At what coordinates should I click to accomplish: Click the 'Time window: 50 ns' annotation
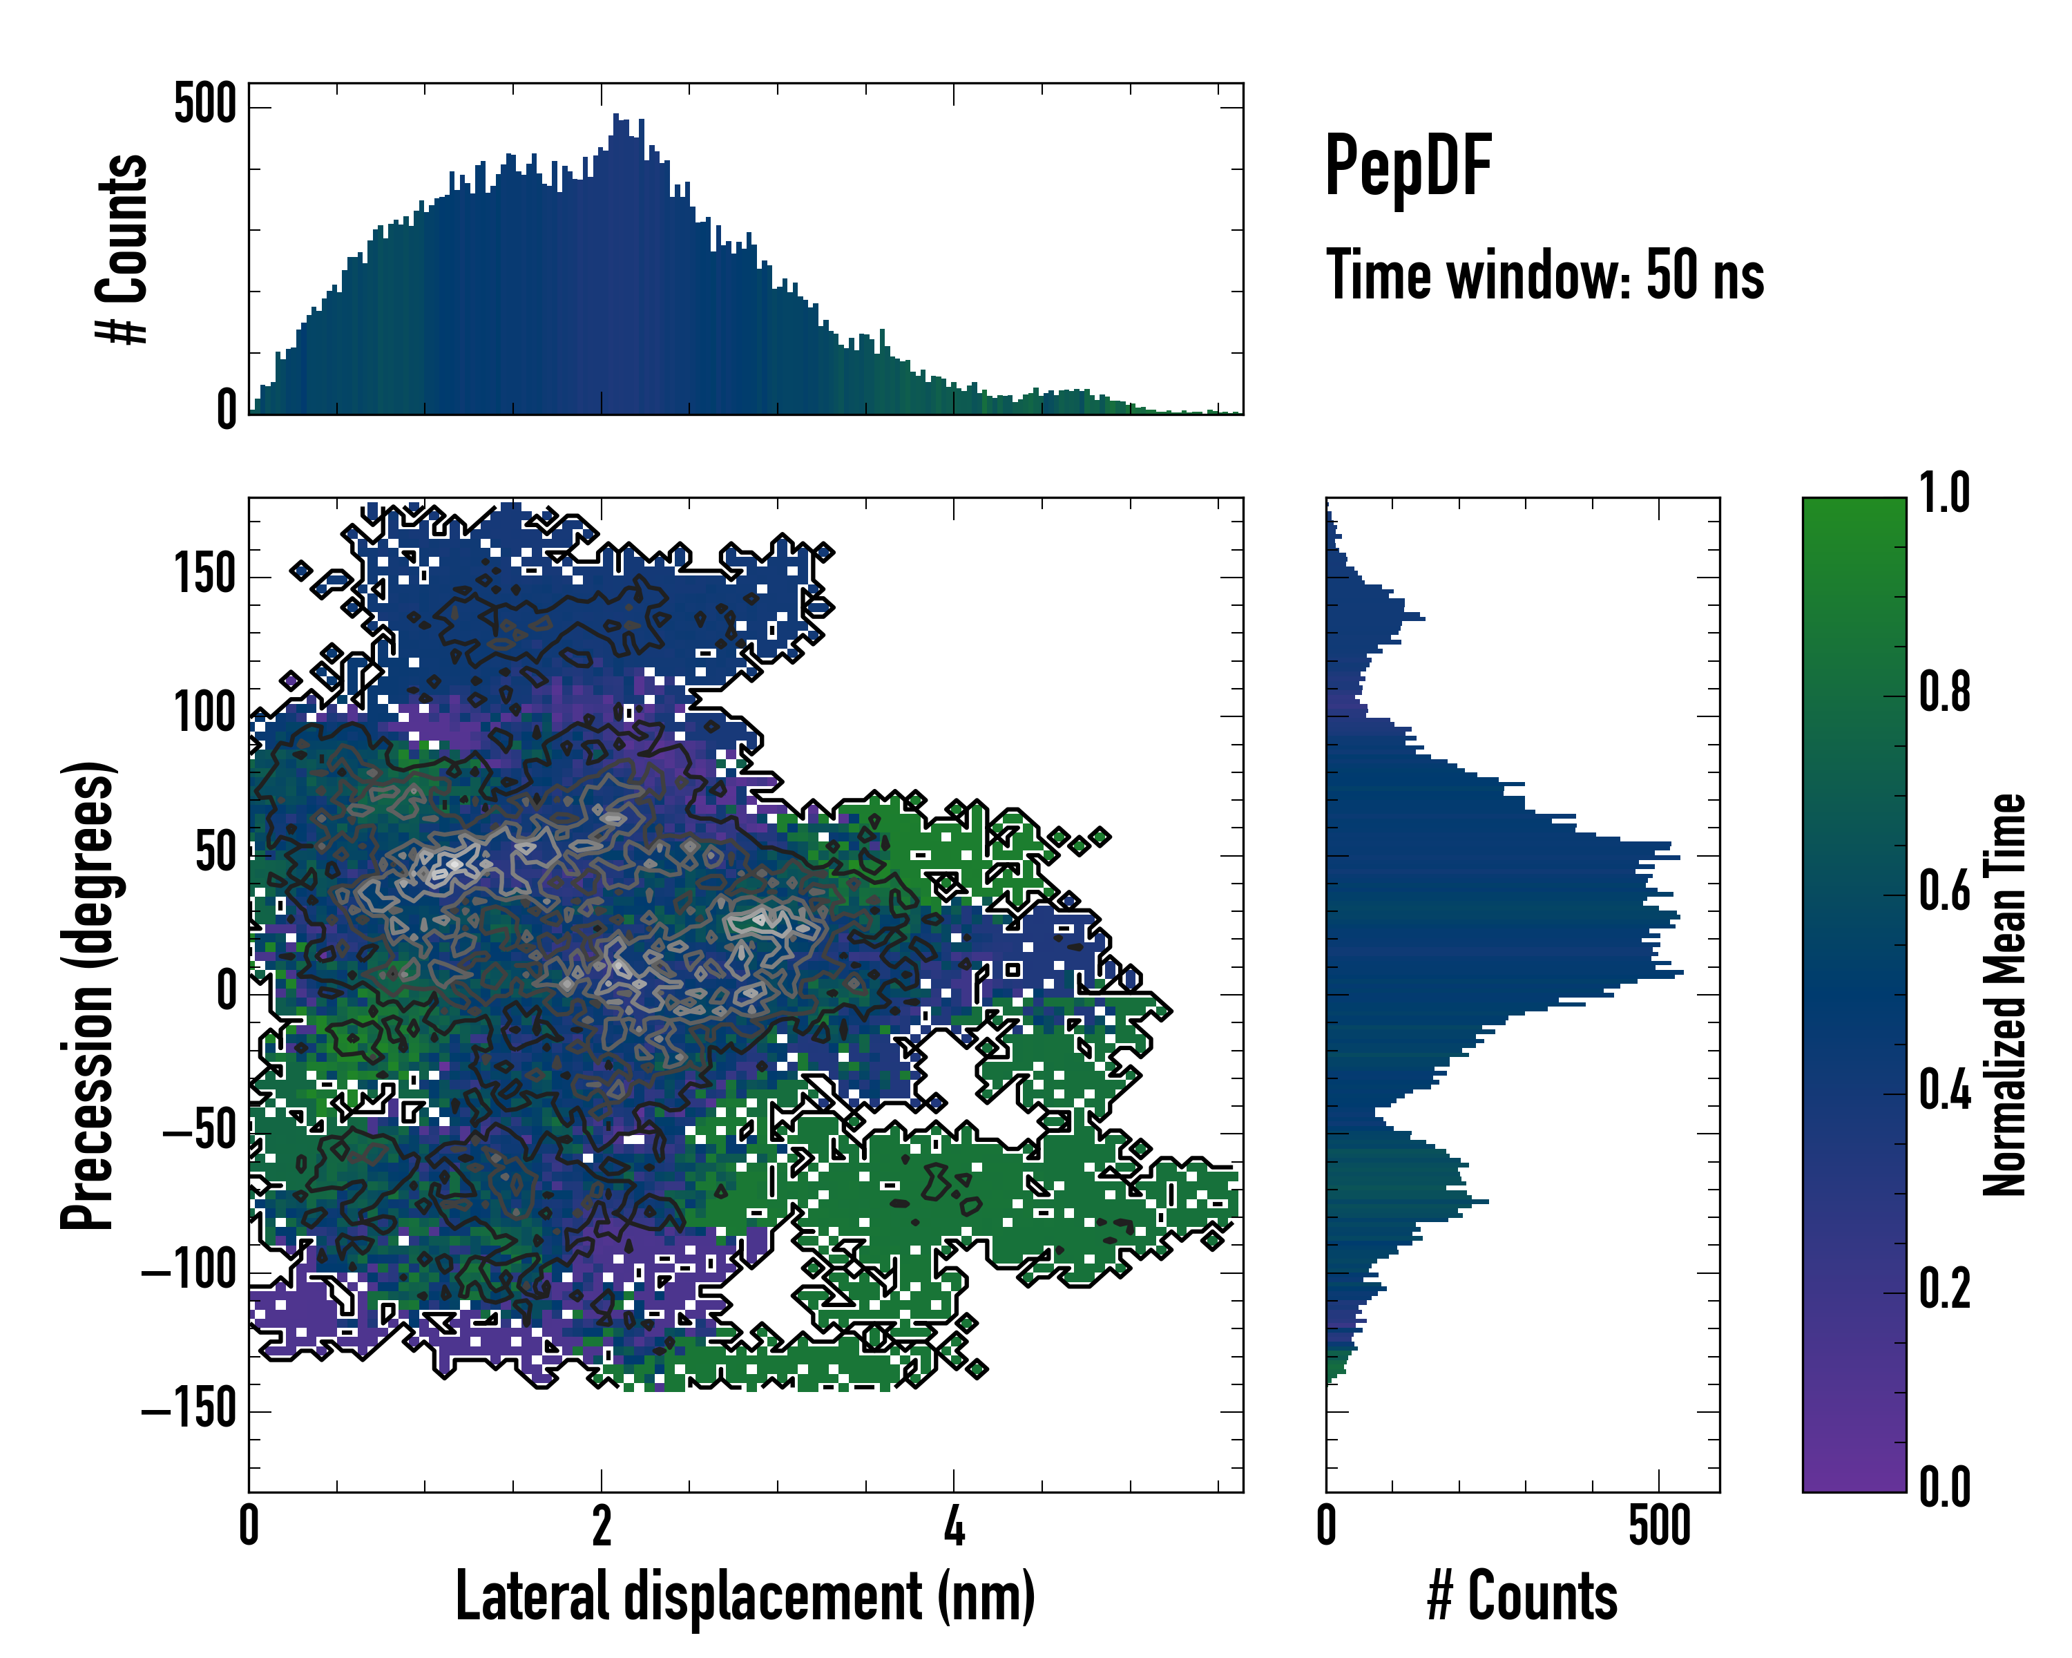pyautogui.click(x=1544, y=276)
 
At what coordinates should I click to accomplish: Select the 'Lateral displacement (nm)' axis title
pyautogui.click(x=745, y=1597)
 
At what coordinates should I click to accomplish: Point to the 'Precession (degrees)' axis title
pyautogui.click(x=88, y=995)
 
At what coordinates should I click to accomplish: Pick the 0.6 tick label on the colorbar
pyautogui.click(x=1944, y=892)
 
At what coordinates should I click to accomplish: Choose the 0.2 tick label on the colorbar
pyautogui.click(x=1944, y=1289)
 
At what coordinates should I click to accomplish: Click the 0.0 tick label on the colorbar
pyautogui.click(x=1944, y=1488)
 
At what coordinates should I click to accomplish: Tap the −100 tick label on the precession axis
pyautogui.click(x=189, y=1272)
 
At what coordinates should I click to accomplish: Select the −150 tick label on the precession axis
pyautogui.click(x=189, y=1411)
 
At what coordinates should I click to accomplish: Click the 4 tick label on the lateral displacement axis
pyautogui.click(x=953, y=1526)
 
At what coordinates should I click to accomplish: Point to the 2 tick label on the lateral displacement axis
pyautogui.click(x=602, y=1526)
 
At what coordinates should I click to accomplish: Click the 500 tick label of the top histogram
pyautogui.click(x=204, y=104)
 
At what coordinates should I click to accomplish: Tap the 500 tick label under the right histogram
pyautogui.click(x=1660, y=1526)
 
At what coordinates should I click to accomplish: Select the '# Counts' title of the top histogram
pyautogui.click(x=123, y=249)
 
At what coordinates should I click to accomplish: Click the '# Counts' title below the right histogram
pyautogui.click(x=1522, y=1597)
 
